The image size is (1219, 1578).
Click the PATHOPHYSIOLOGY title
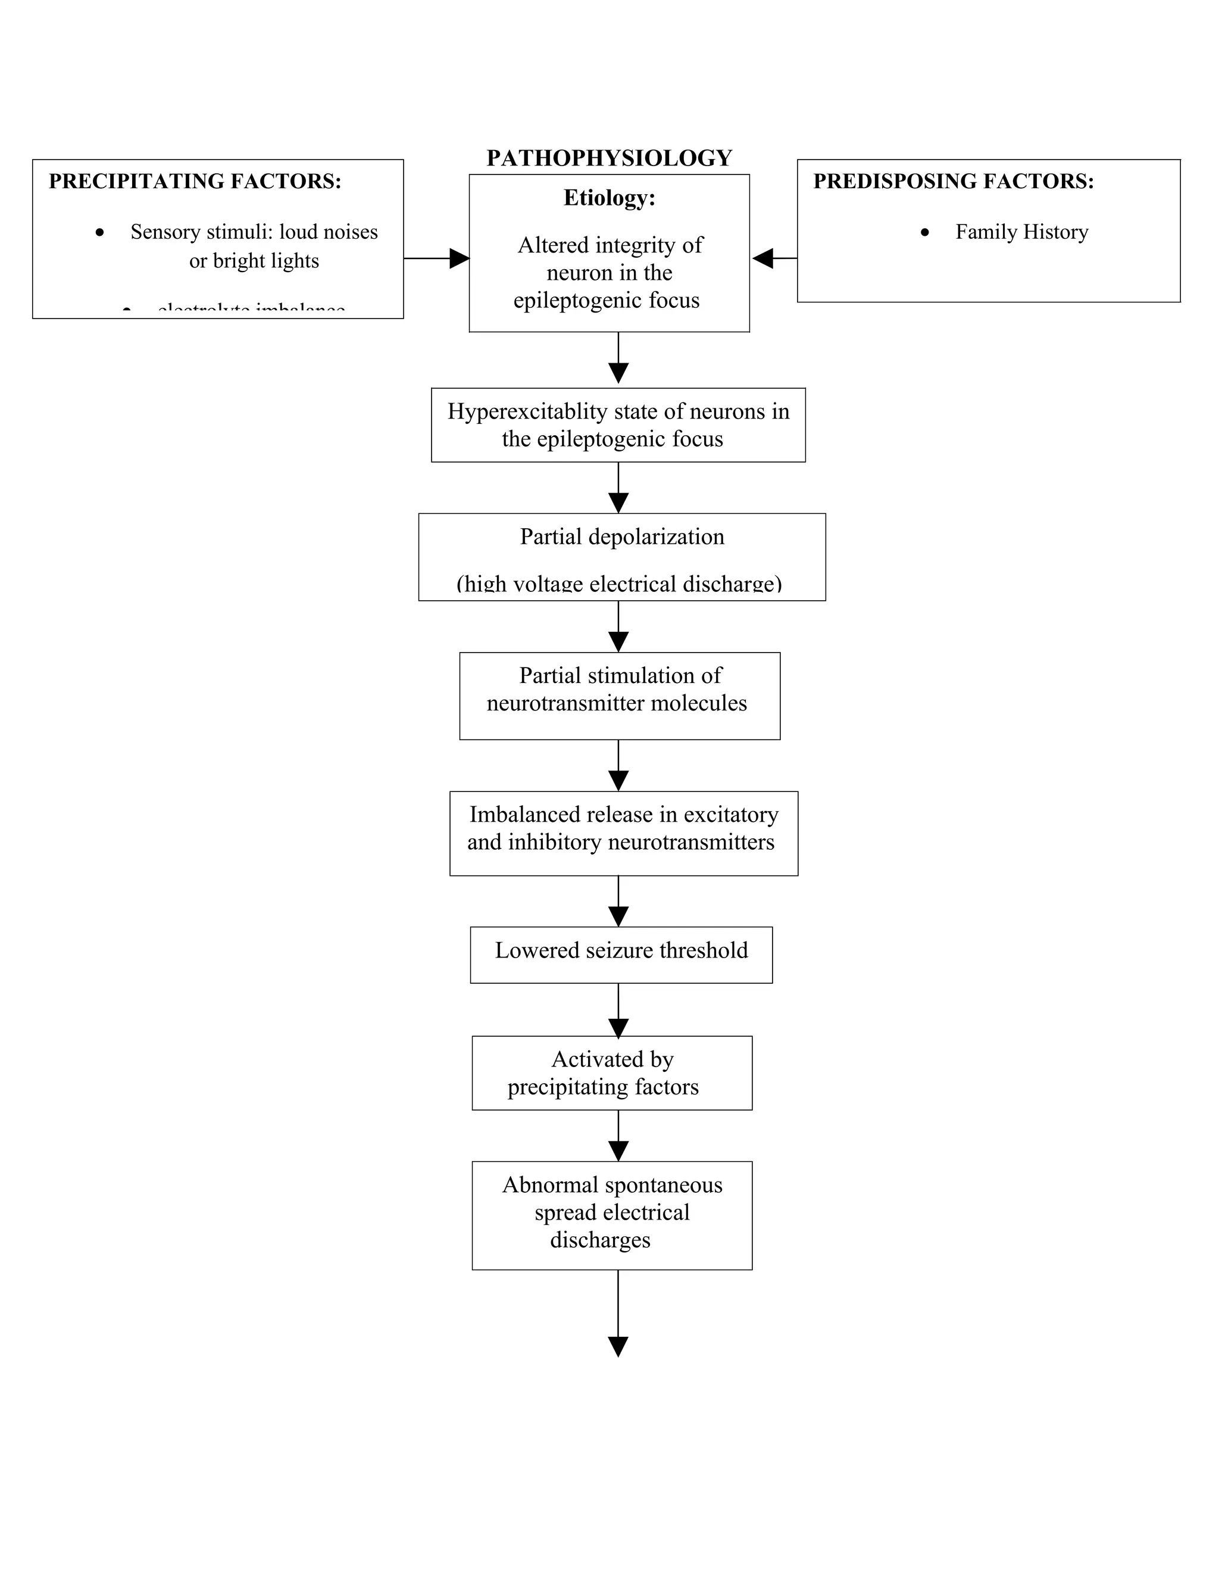[x=609, y=158]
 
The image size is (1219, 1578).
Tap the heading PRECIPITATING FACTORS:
[x=195, y=180]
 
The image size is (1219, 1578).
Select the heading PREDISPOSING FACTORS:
[x=954, y=180]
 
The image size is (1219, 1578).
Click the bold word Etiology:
[x=609, y=197]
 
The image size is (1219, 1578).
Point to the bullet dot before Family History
[x=925, y=232]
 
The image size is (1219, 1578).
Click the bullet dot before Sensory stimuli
[x=99, y=232]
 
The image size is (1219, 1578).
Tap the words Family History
[x=1021, y=232]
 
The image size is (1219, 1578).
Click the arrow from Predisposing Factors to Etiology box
[x=773, y=258]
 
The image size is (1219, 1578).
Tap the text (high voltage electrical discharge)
[x=619, y=582]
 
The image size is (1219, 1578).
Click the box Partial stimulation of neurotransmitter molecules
[x=619, y=695]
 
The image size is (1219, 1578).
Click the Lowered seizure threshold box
[x=621, y=954]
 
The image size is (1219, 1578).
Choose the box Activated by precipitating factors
[x=612, y=1072]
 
